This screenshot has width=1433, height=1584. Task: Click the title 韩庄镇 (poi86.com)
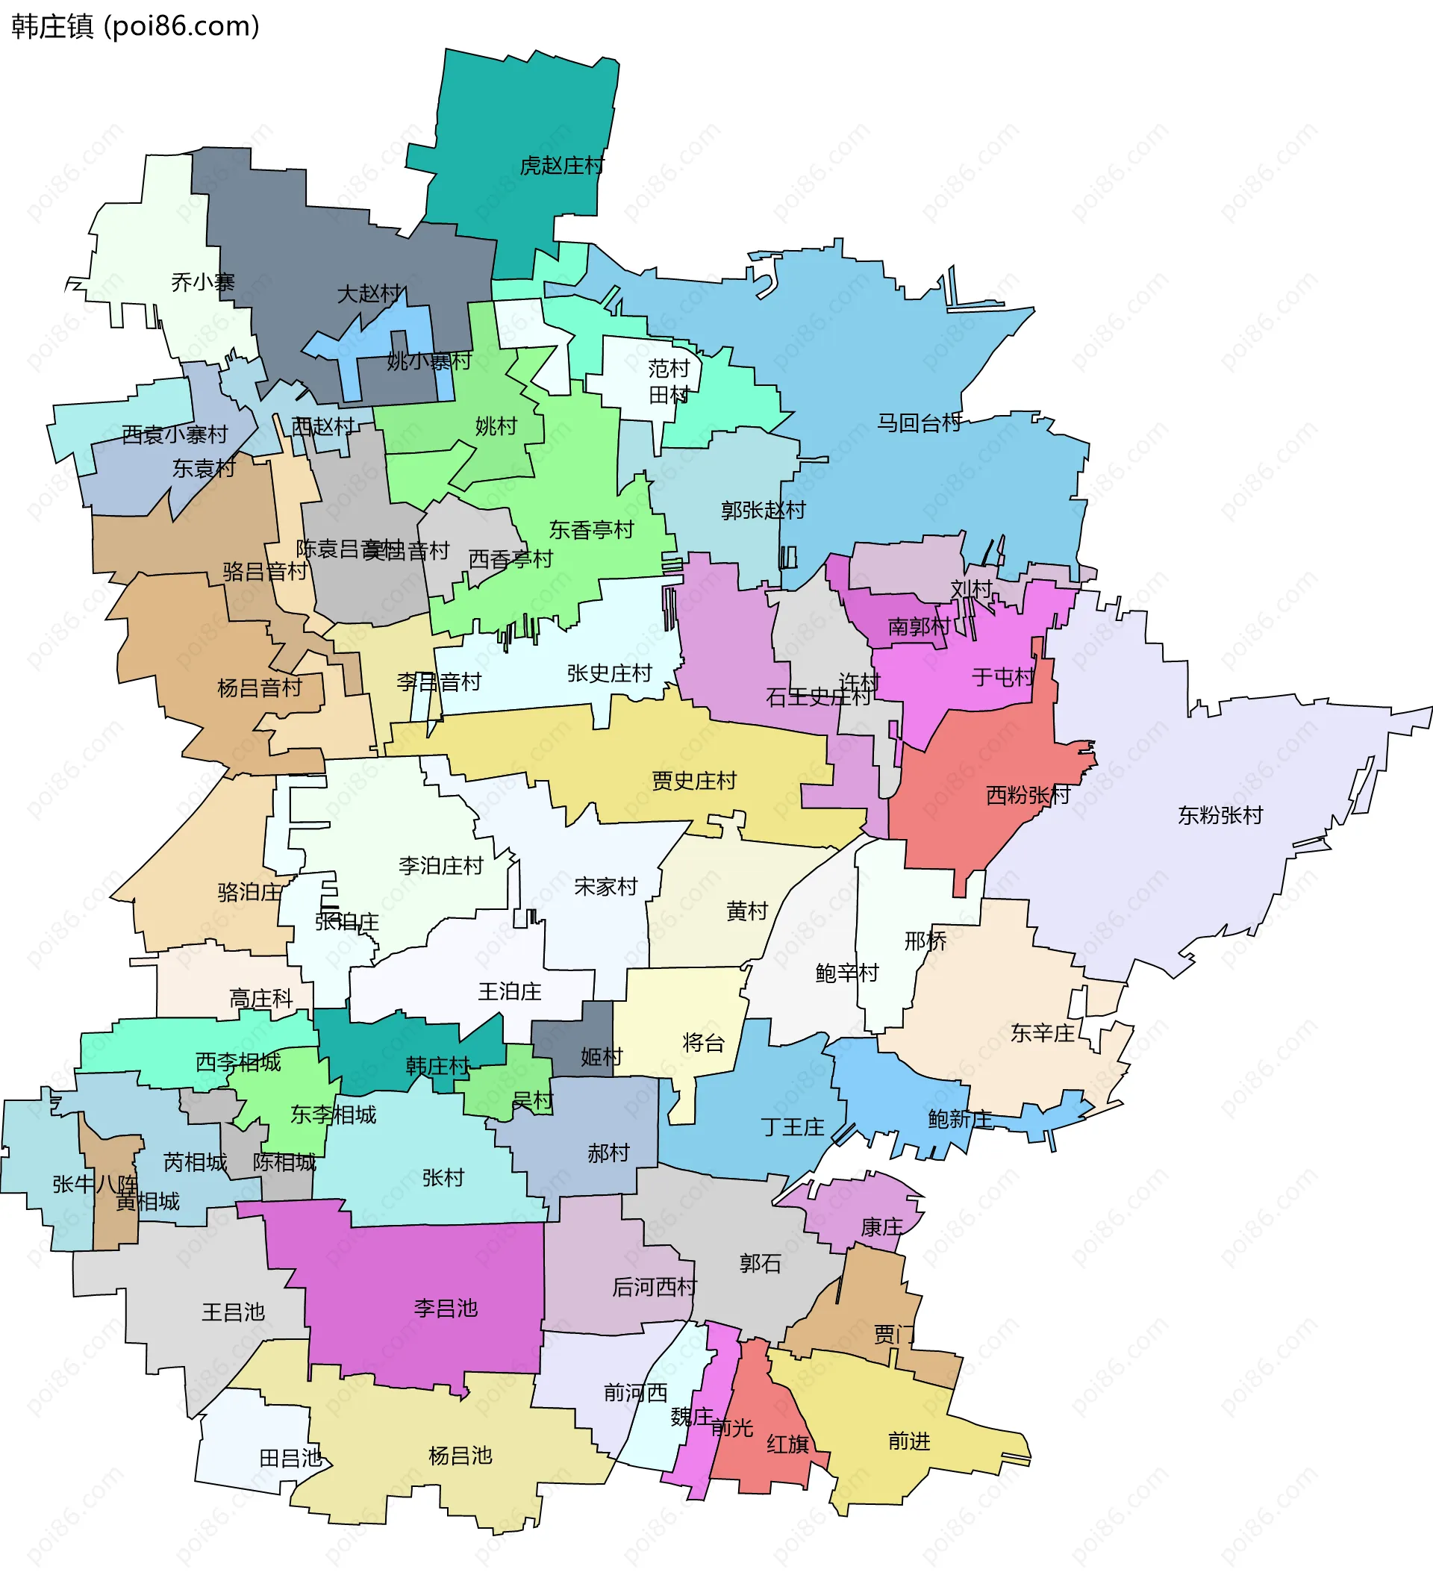pyautogui.click(x=135, y=27)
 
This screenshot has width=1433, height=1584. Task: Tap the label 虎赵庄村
pyautogui.click(x=562, y=166)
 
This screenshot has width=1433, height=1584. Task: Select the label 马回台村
pyautogui.click(x=920, y=423)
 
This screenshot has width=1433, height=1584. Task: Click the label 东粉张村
pyautogui.click(x=1220, y=816)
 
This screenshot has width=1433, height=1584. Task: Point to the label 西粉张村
pyautogui.click(x=1028, y=795)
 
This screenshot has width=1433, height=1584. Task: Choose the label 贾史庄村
pyautogui.click(x=693, y=781)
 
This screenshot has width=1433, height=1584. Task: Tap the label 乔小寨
pyautogui.click(x=203, y=282)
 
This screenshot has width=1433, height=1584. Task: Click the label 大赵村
pyautogui.click(x=369, y=294)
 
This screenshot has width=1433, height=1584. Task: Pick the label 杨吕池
pyautogui.click(x=461, y=1456)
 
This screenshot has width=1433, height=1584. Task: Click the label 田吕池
pyautogui.click(x=290, y=1459)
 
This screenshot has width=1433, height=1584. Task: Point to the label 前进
pyautogui.click(x=909, y=1441)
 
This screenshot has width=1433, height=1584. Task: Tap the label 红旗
pyautogui.click(x=788, y=1444)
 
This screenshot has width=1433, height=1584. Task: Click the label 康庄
pyautogui.click(x=881, y=1227)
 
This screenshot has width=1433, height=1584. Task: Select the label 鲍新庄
pyautogui.click(x=959, y=1119)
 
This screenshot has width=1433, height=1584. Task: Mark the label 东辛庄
pyautogui.click(x=1042, y=1033)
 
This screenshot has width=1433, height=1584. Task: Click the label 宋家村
pyautogui.click(x=605, y=887)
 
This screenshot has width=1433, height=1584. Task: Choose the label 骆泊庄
pyautogui.click(x=250, y=892)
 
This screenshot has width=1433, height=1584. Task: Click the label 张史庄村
pyautogui.click(x=609, y=673)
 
